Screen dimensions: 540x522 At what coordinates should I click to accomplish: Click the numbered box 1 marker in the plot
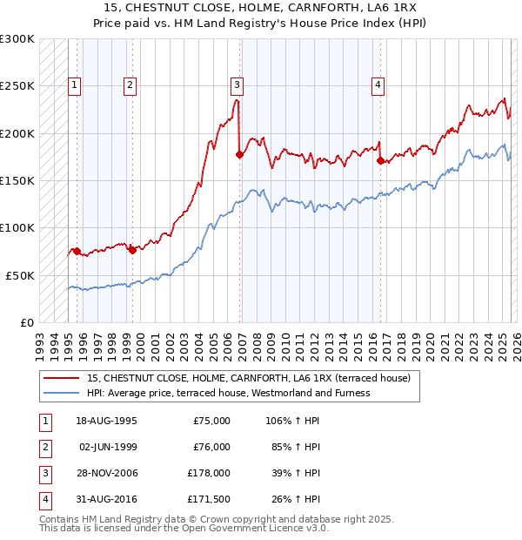point(75,85)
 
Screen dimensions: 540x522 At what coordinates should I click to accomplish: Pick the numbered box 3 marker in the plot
point(237,85)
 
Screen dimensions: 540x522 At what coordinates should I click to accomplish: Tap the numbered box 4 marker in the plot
point(378,85)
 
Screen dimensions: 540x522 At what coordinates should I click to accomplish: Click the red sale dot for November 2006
point(239,154)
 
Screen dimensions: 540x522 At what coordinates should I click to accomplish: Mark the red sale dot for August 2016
point(380,160)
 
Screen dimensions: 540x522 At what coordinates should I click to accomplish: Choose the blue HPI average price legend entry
point(228,393)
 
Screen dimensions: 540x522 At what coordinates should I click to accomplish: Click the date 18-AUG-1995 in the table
point(107,421)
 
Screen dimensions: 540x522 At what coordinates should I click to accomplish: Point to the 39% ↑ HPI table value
point(296,473)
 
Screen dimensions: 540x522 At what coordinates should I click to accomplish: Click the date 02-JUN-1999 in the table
point(108,447)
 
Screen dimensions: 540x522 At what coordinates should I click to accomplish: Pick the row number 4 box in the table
point(43,499)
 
